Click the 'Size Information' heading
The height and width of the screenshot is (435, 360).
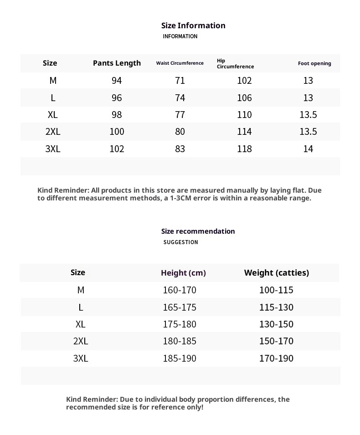[193, 26]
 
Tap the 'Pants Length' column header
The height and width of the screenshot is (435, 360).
[117, 63]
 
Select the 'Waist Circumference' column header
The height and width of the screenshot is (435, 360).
[180, 63]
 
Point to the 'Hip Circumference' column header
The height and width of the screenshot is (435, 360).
[235, 63]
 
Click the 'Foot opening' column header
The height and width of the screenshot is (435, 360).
[314, 63]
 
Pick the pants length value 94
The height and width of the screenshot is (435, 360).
[117, 81]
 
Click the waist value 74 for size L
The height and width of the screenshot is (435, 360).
[180, 97]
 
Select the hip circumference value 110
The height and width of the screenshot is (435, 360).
[244, 115]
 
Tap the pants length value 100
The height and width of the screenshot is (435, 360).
[117, 132]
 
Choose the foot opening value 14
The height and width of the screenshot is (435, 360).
[308, 148]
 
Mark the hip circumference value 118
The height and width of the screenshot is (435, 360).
[244, 148]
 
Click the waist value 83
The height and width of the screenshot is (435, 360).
[180, 148]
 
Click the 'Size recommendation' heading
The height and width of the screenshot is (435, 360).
[198, 231]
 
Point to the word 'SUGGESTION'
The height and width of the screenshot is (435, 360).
[180, 242]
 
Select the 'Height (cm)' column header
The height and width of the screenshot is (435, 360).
[183, 273]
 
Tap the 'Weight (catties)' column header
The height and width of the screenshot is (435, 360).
[276, 272]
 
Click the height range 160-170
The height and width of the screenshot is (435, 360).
[180, 290]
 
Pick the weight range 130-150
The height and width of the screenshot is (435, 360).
[276, 324]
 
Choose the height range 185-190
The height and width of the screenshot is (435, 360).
[180, 358]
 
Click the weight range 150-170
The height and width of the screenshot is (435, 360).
[276, 341]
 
